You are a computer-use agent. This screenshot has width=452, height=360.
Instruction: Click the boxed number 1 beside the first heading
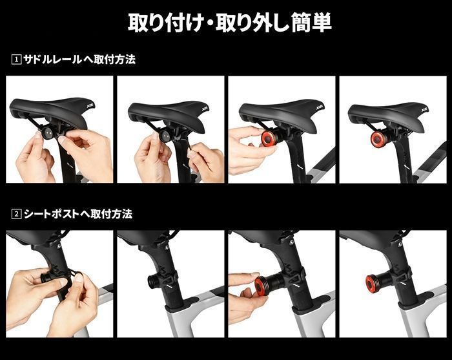pyautogui.click(x=16, y=59)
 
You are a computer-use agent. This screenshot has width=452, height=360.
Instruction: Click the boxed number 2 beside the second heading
pyautogui.click(x=16, y=214)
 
